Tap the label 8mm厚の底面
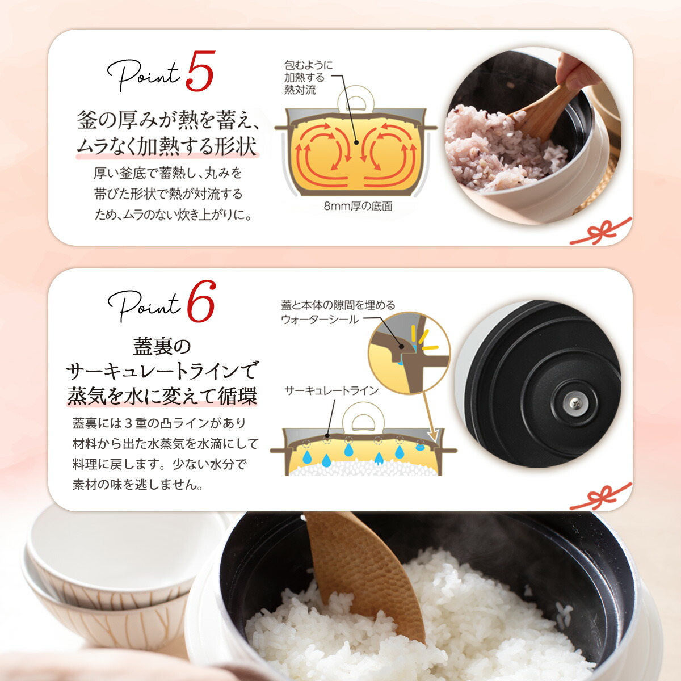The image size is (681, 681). point(358,206)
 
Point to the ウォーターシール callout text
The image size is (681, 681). point(338,312)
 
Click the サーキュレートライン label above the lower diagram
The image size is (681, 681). point(331,390)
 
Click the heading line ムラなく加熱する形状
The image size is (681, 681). point(167,146)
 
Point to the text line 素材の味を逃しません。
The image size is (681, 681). point(137,485)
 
